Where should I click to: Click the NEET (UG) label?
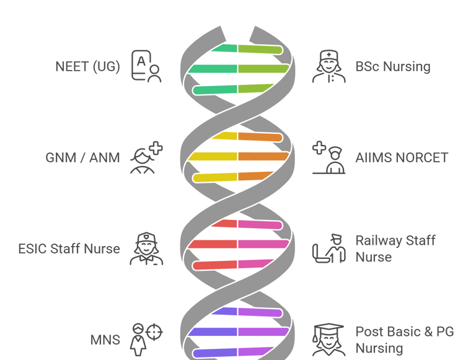click(87, 66)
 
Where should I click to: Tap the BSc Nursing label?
click(392, 66)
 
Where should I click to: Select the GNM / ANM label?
click(82, 157)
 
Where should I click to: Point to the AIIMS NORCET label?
click(402, 157)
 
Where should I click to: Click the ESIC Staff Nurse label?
click(69, 249)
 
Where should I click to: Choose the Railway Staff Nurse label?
click(395, 248)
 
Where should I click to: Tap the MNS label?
click(105, 340)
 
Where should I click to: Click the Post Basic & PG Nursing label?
click(404, 340)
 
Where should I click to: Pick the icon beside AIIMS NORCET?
click(328, 157)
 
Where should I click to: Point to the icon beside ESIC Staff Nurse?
click(146, 248)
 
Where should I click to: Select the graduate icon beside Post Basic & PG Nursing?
click(328, 340)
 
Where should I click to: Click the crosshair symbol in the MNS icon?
click(154, 333)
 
